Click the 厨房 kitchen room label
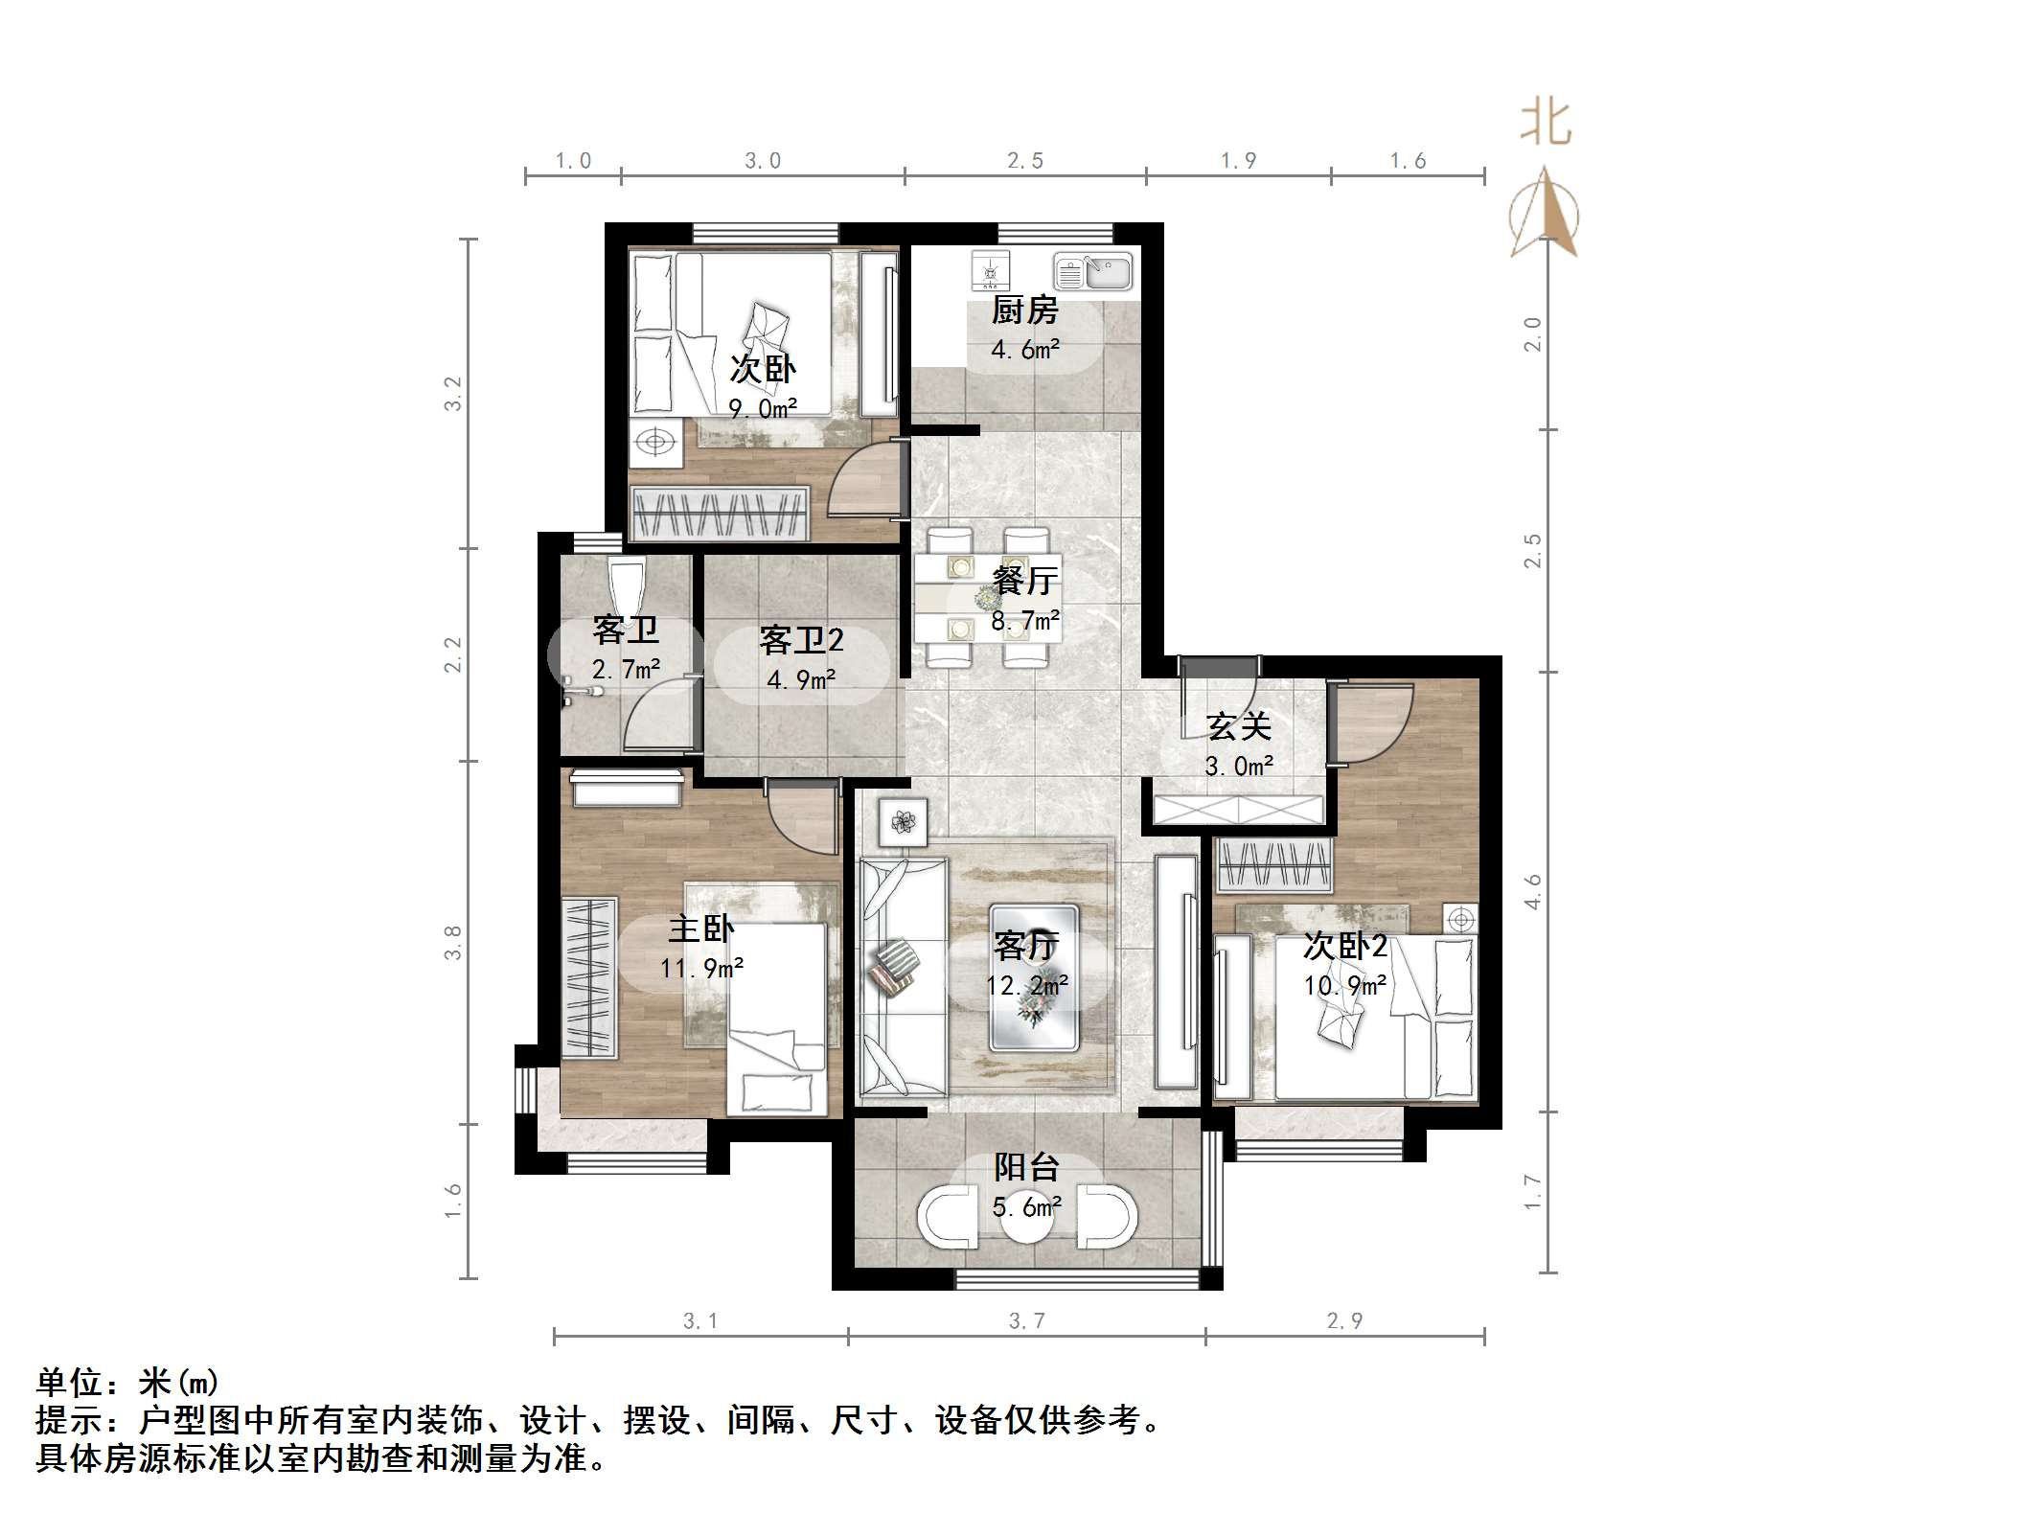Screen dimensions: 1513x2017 click(1024, 310)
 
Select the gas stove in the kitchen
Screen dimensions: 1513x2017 click(990, 271)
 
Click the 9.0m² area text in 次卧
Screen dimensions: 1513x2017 click(763, 409)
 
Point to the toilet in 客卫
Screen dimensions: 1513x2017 click(626, 580)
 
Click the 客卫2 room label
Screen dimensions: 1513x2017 click(801, 639)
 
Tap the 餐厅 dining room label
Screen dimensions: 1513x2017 click(1024, 580)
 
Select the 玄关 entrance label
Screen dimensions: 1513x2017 click(1239, 726)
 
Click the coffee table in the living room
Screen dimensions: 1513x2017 click(1033, 977)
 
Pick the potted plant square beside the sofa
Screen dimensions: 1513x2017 click(902, 822)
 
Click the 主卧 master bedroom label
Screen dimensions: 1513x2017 click(701, 928)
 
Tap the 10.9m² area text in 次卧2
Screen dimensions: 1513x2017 click(1345, 985)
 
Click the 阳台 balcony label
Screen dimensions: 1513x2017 click(1026, 1167)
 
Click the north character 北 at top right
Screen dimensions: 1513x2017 click(1545, 125)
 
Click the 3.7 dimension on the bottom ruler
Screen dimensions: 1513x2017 click(1026, 1321)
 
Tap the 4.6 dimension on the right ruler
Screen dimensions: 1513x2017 click(1532, 891)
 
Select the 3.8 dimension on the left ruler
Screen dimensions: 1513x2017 click(452, 942)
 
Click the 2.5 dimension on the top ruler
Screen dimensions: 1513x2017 click(1024, 161)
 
